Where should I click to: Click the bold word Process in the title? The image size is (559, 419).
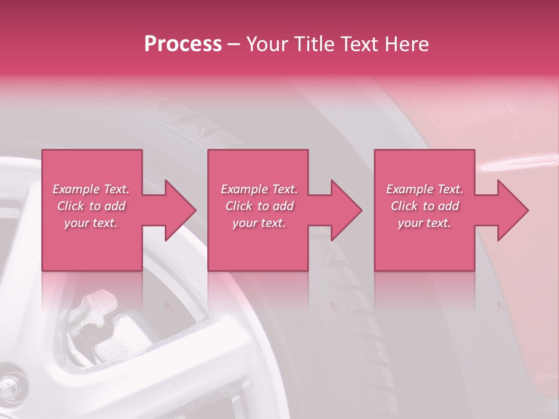point(183,44)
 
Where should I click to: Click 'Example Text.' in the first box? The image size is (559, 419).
point(91,189)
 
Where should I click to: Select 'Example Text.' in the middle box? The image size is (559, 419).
point(259,189)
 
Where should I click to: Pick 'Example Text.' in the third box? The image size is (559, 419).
point(424,189)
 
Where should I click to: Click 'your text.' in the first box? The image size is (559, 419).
point(91,223)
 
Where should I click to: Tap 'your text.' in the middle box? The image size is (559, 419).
point(259,223)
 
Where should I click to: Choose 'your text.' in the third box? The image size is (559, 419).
point(424,223)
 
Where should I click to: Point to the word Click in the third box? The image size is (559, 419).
point(404,206)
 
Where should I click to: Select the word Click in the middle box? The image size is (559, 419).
point(239,206)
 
